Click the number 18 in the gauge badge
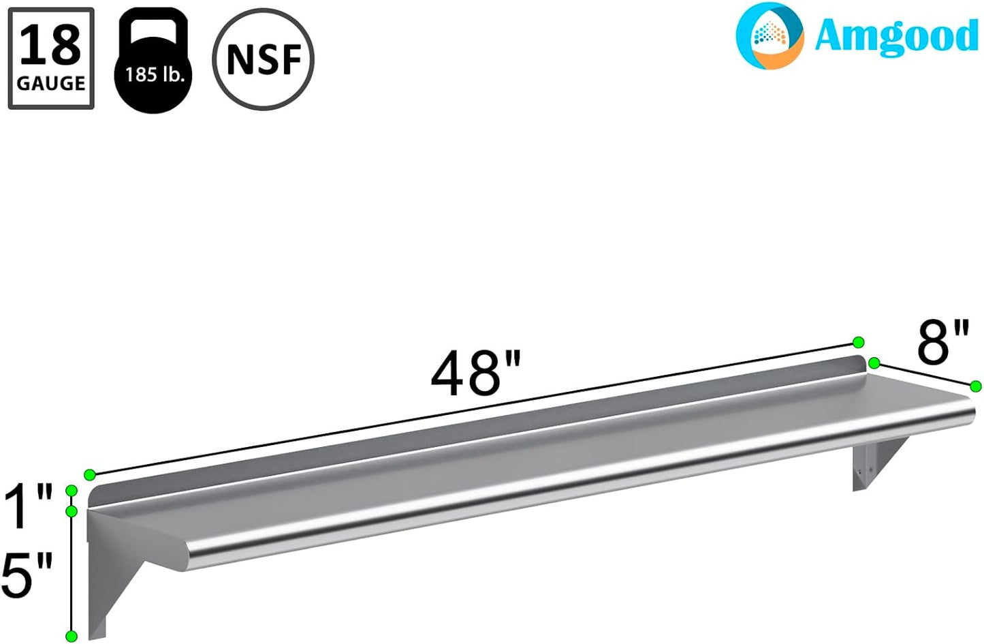coord(50,46)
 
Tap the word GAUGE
coord(51,83)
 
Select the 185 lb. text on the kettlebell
coord(155,74)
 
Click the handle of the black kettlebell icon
coord(155,27)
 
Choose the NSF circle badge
coord(263,59)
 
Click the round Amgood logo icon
coord(769,35)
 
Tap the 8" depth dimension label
coord(942,342)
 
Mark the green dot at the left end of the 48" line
coord(89,474)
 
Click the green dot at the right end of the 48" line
coord(859,342)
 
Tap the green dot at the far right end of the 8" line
coord(976,386)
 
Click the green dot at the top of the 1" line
coord(71,491)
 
